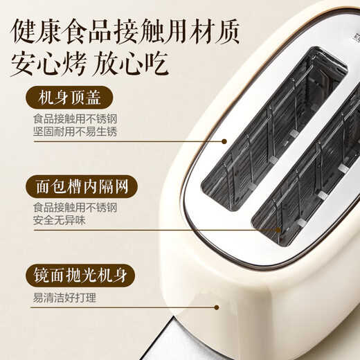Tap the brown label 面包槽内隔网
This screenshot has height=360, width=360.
coord(82,186)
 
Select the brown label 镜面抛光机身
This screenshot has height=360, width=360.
coord(82,276)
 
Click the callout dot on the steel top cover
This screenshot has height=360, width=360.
coord(224,141)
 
